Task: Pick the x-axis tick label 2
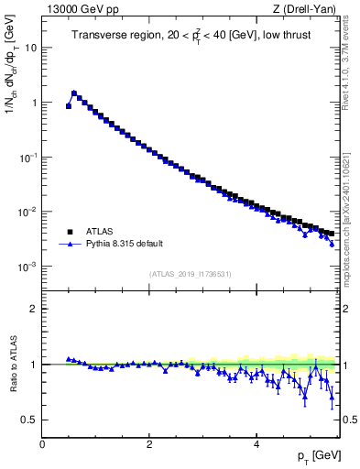(149, 443)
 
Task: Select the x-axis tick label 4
(256, 443)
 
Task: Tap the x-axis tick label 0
(42, 443)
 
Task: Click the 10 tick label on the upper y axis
(31, 48)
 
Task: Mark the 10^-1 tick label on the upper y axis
(27, 157)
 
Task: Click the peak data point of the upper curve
(74, 93)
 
